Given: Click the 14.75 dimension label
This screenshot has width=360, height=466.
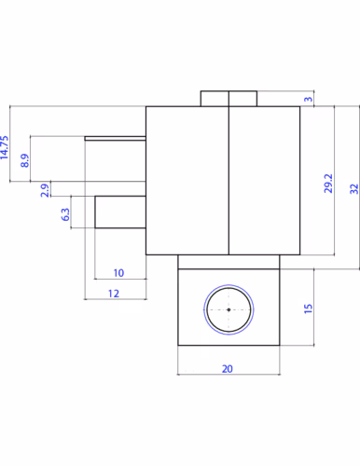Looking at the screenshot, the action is coord(5,147).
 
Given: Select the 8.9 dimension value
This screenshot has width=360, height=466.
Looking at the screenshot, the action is coord(25,160).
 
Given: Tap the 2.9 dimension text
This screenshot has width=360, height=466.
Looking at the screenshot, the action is coord(45,190).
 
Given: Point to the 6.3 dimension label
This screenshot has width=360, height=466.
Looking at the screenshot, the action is coord(65,214).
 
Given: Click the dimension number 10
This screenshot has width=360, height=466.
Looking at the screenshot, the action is coord(118,273).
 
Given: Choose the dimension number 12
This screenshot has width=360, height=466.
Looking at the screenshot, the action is coord(114,294).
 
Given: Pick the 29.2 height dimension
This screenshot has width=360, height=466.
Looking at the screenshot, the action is coord(328,184).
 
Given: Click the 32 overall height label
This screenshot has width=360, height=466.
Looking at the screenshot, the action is coord(354,189).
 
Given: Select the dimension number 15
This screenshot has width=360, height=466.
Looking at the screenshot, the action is coord(308,308).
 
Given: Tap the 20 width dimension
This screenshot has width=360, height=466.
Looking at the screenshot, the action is coord(228,369).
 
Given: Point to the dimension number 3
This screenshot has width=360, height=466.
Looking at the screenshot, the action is coord(308,99).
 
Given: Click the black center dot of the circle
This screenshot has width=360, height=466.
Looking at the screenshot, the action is coord(228,309).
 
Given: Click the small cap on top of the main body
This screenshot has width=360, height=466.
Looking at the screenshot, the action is coord(228,99).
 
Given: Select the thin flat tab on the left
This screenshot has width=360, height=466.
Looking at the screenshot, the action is coord(116,138).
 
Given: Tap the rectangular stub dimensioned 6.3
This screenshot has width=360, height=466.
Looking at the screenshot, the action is coord(120,212).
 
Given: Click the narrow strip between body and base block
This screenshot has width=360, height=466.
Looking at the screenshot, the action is coord(228,262).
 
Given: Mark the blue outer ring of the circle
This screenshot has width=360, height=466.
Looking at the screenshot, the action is coord(228,285).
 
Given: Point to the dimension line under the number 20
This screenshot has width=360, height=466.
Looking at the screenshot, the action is coord(228,375).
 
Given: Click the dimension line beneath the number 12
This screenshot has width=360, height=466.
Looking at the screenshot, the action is coord(116,299).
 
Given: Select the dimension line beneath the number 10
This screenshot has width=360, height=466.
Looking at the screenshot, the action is coord(120,279).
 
